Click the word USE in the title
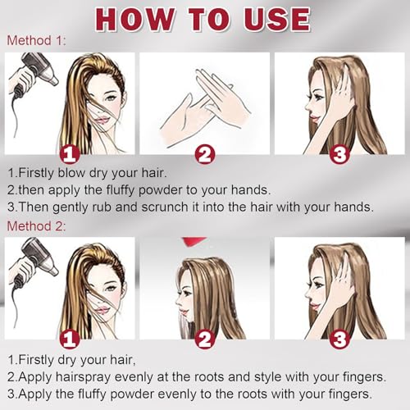(277, 20)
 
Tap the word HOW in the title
(134, 20)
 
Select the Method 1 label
(36, 40)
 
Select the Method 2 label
(36, 226)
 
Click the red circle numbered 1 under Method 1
(70, 154)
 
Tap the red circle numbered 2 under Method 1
(205, 154)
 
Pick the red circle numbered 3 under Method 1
(339, 154)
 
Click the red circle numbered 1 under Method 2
(70, 339)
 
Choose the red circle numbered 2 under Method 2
(205, 339)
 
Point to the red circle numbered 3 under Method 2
(339, 339)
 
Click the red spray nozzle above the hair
(194, 241)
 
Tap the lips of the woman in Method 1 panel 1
(102, 120)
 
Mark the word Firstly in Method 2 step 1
(37, 360)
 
